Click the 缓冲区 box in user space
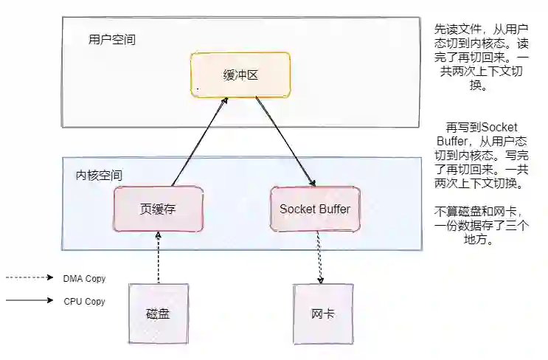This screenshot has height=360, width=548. (x=240, y=76)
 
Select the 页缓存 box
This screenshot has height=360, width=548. (x=158, y=209)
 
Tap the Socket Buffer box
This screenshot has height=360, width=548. (x=315, y=209)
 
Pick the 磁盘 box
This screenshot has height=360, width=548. (x=158, y=314)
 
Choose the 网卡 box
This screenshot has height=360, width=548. (x=322, y=314)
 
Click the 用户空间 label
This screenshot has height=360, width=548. (x=111, y=39)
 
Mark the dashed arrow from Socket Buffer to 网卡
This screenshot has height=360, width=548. (x=320, y=258)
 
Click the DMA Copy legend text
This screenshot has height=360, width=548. (x=85, y=278)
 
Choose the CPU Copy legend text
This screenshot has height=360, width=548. (x=85, y=301)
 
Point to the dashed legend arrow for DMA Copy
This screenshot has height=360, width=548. (x=30, y=278)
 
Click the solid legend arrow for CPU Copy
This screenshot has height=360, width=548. (x=30, y=301)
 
